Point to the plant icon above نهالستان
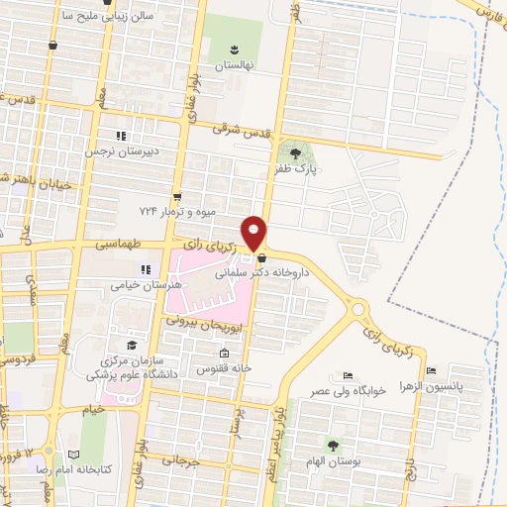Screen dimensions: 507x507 click(x=235, y=49)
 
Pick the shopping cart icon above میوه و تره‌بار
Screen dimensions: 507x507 click(x=177, y=197)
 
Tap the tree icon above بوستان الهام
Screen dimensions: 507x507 click(x=333, y=446)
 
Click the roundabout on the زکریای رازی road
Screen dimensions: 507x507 click(x=358, y=309)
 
